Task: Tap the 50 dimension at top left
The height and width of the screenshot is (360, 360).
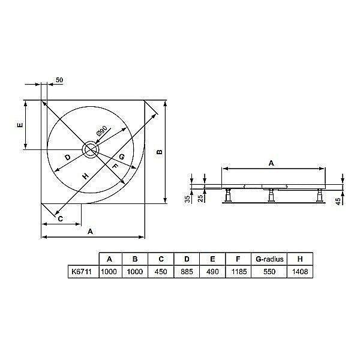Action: point(59,80)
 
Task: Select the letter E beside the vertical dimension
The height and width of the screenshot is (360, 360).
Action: point(19,125)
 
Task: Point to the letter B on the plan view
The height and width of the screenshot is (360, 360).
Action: point(159,152)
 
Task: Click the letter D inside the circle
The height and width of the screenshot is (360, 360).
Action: point(68,157)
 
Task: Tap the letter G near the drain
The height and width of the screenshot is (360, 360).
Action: point(121,157)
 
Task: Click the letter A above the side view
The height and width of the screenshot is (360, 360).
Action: point(271,163)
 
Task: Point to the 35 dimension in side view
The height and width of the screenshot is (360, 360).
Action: point(187,198)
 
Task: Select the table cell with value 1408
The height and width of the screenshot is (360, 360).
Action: point(298,271)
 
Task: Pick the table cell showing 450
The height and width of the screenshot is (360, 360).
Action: point(161,271)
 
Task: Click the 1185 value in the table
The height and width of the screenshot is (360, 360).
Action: point(238,271)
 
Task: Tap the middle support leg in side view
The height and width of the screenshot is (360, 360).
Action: point(272,195)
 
